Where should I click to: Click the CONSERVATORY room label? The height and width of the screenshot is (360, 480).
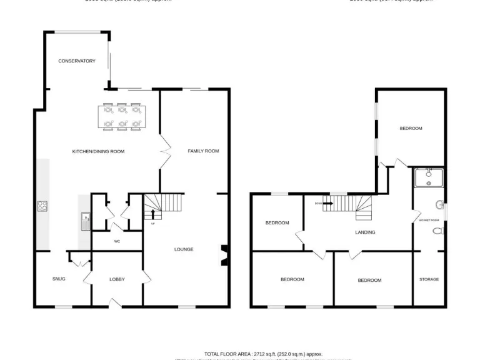tap(77, 61)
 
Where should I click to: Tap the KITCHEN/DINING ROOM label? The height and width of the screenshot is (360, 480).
tap(99, 151)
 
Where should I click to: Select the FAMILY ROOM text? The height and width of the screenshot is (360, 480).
tap(204, 151)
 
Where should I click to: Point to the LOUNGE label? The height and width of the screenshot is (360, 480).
tap(184, 249)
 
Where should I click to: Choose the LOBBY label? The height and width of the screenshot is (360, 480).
tap(117, 279)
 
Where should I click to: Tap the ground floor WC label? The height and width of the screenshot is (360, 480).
tap(117, 241)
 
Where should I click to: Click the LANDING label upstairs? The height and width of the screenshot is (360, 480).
tap(365, 232)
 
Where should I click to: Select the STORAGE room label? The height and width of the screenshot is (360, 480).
tap(429, 279)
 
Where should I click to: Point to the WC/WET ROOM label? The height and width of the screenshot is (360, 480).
tap(429, 220)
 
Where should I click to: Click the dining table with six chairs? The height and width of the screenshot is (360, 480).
tap(122, 118)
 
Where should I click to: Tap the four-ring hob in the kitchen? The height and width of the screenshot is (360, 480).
tap(42, 207)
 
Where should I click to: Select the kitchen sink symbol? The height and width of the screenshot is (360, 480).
tap(84, 219)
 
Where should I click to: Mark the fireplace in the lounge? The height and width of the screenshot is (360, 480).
tap(223, 255)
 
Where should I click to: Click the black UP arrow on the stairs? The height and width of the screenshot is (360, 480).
tap(153, 215)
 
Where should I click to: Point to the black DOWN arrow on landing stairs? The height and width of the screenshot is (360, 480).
tap(327, 202)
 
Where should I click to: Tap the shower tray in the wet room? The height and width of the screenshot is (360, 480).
tap(429, 178)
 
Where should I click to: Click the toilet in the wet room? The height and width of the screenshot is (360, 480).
tap(438, 231)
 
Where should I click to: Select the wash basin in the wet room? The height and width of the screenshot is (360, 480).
tap(441, 204)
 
